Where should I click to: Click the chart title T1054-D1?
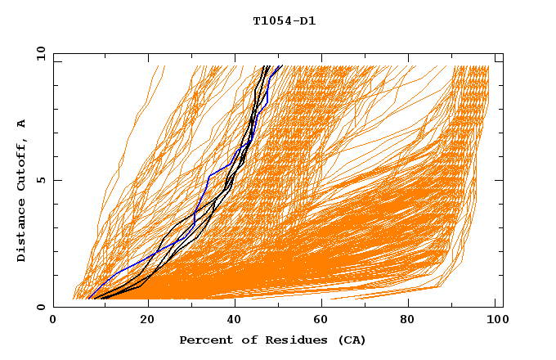click(x=284, y=20)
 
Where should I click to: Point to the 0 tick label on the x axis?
click(x=53, y=322)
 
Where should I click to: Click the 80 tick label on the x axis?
click(x=410, y=322)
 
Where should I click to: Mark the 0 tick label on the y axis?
click(x=40, y=308)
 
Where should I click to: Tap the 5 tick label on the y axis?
click(x=40, y=180)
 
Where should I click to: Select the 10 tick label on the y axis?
click(x=40, y=53)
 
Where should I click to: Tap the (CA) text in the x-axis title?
click(x=352, y=340)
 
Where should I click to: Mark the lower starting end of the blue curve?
click(x=89, y=297)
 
